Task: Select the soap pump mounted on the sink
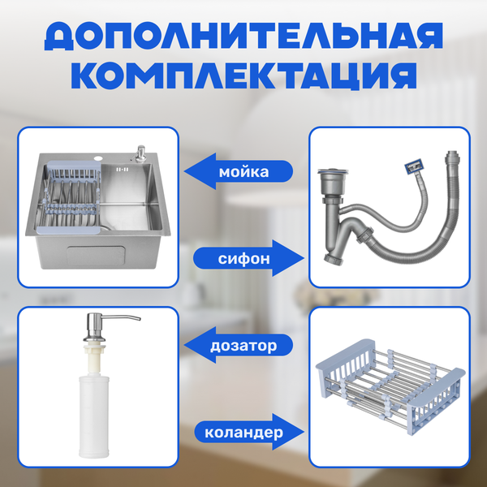tap(140, 154)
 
